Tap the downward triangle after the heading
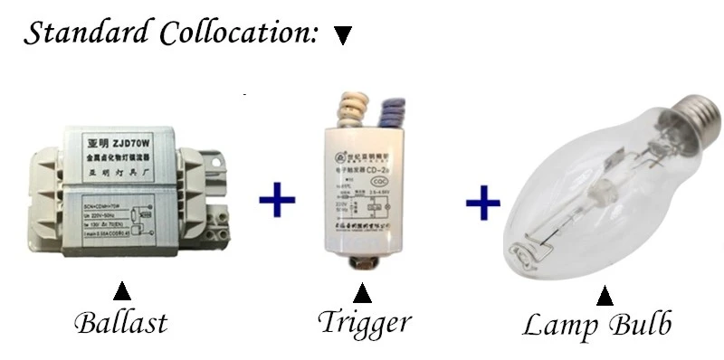coord(341,36)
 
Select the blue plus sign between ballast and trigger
coord(278,201)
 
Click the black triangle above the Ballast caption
coord(120,292)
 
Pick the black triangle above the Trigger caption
coord(362,294)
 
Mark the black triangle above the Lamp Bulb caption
coord(605,296)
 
